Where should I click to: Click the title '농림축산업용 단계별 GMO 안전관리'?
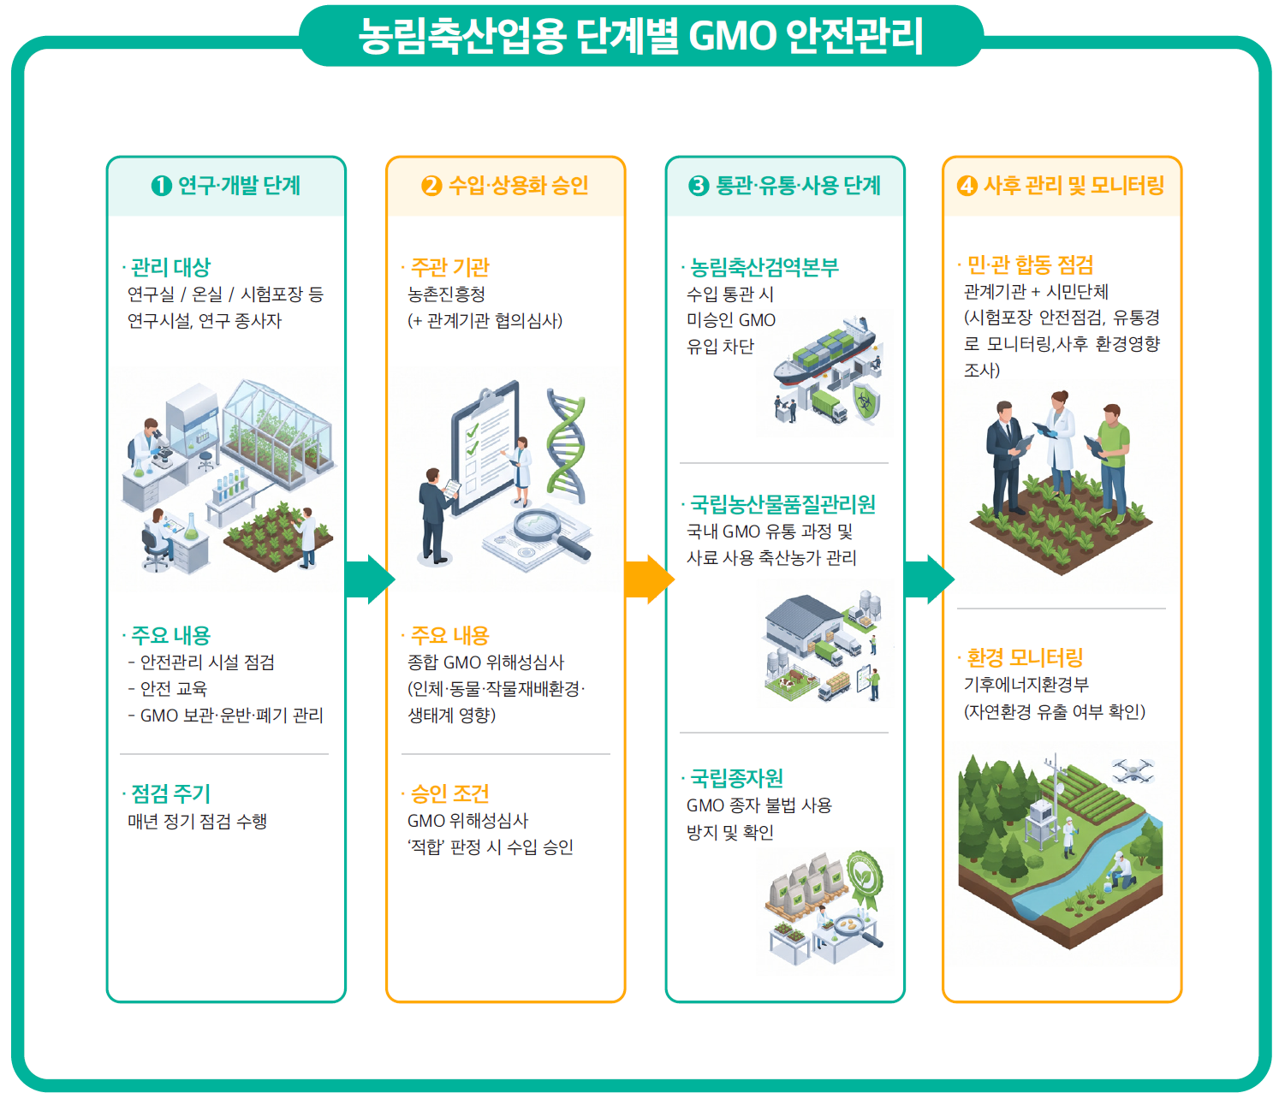pyautogui.click(x=640, y=36)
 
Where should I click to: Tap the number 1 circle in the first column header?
pyautogui.click(x=162, y=186)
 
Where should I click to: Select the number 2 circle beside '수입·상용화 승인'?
pyautogui.click(x=431, y=186)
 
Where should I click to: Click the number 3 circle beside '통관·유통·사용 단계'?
pyautogui.click(x=699, y=186)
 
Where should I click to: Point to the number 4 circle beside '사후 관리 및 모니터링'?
pyautogui.click(x=967, y=186)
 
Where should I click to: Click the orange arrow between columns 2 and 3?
pyautogui.click(x=649, y=579)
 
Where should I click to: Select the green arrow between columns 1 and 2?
pyautogui.click(x=370, y=579)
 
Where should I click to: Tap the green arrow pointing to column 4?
pyautogui.click(x=929, y=579)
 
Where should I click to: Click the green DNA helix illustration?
pyautogui.click(x=566, y=447)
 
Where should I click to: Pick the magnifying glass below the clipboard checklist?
pyautogui.click(x=549, y=532)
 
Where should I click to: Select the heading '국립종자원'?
pyautogui.click(x=736, y=778)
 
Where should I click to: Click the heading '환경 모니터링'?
pyautogui.click(x=1025, y=658)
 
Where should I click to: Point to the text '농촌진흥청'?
pyautogui.click(x=446, y=294)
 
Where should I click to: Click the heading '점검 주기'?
pyautogui.click(x=170, y=794)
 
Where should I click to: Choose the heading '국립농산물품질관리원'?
pyautogui.click(x=782, y=504)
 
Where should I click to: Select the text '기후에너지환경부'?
pyautogui.click(x=1026, y=685)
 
